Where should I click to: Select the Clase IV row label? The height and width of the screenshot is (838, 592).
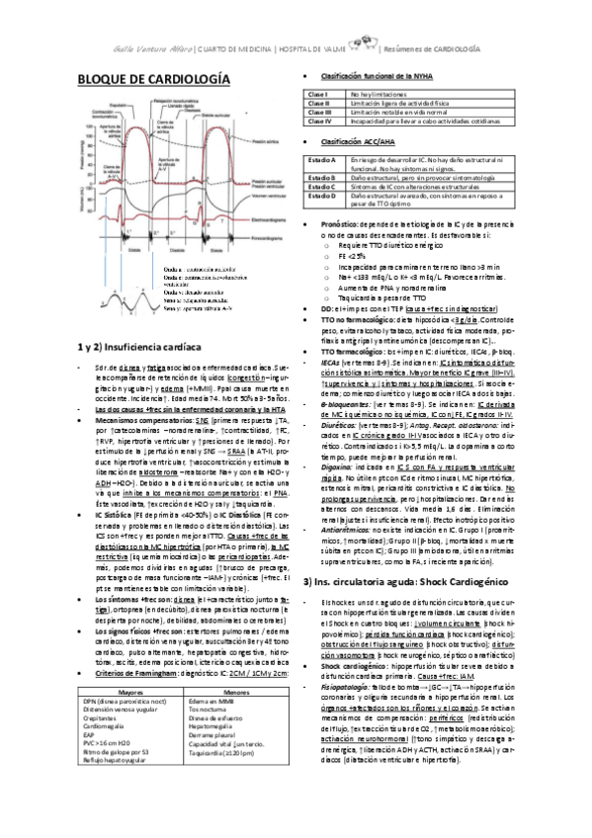click(319, 122)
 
